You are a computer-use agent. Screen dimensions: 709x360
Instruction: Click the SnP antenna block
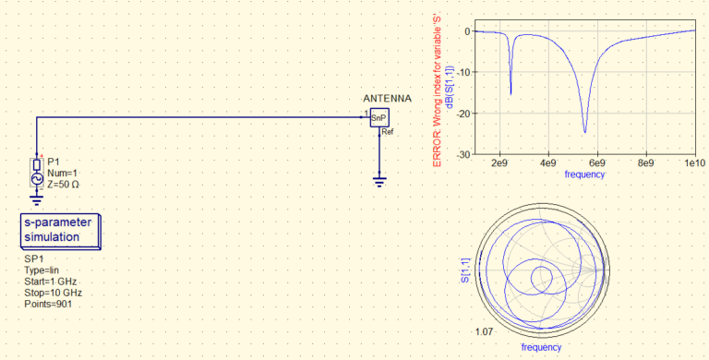coord(379,117)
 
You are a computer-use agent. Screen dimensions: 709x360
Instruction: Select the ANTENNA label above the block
coord(387,99)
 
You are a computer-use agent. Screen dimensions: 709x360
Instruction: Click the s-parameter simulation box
coord(60,231)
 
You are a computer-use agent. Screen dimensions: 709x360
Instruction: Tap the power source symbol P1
coord(37,174)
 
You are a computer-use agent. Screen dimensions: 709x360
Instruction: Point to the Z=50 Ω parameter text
coord(64,184)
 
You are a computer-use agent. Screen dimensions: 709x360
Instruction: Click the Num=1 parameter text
coord(62,174)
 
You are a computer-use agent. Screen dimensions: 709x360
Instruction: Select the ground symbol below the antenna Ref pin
coord(379,181)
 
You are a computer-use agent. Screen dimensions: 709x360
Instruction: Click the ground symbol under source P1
coord(37,200)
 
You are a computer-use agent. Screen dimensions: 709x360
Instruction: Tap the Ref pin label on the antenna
coord(388,132)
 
